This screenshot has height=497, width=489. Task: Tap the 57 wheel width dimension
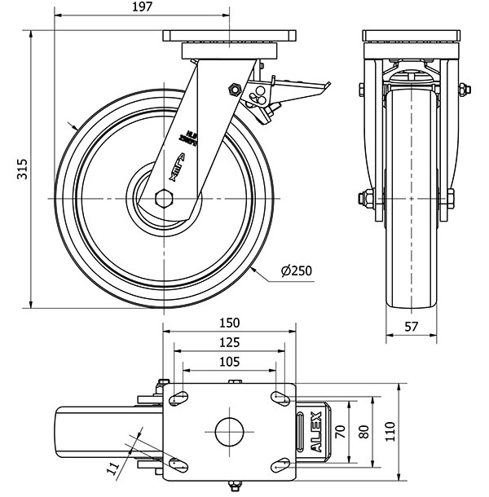pos(412,327)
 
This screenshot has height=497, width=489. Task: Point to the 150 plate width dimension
pos(228,322)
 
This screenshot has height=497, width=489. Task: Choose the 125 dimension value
pos(228,342)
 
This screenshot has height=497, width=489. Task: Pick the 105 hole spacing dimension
pos(228,362)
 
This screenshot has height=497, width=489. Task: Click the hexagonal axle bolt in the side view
pos(163,198)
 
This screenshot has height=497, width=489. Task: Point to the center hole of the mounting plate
pos(230,431)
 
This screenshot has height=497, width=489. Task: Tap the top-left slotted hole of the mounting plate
pos(177,398)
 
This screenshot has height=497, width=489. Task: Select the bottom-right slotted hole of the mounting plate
pos(281,465)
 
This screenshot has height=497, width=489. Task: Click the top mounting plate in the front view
pos(412,37)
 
